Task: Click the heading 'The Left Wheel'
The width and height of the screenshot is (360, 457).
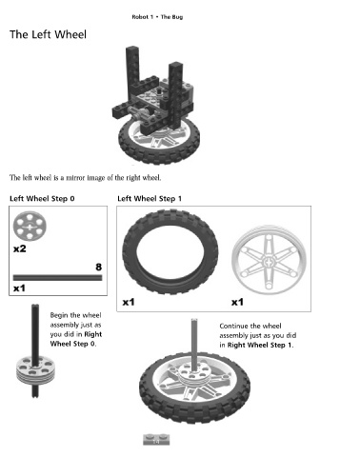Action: click(x=48, y=34)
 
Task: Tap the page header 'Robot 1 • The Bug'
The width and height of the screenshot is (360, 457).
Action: click(x=157, y=17)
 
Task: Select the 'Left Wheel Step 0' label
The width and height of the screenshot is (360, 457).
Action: click(x=42, y=199)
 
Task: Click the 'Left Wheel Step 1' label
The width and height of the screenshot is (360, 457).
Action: click(x=150, y=199)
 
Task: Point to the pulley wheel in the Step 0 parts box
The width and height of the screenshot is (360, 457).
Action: click(x=30, y=227)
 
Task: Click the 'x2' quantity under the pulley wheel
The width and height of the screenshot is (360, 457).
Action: click(x=19, y=248)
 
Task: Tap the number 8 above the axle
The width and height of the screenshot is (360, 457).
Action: click(x=99, y=268)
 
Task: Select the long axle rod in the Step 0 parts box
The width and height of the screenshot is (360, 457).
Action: click(x=57, y=278)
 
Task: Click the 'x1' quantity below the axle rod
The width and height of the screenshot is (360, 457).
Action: click(x=19, y=288)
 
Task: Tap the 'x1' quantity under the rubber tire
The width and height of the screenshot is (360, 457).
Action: click(x=129, y=302)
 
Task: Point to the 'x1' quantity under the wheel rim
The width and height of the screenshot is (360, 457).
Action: click(x=237, y=302)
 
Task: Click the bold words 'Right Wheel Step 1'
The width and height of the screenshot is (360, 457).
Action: click(x=259, y=345)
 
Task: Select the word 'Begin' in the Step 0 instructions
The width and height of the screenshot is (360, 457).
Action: click(x=59, y=315)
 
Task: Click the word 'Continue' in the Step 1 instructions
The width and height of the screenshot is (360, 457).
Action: click(x=233, y=326)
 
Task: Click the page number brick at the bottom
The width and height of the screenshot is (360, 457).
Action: click(x=156, y=440)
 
